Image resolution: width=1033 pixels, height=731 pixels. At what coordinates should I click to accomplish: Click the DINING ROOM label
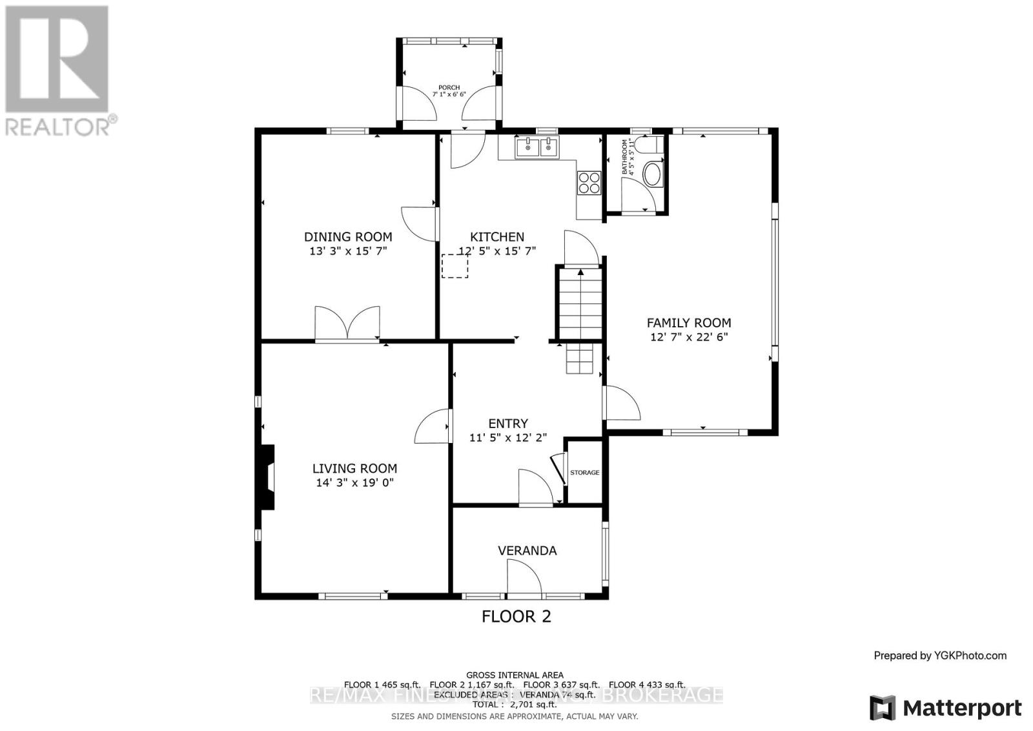(348, 237)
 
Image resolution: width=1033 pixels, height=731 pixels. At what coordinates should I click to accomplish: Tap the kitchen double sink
(537, 148)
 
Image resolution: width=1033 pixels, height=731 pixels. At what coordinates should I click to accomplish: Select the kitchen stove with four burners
(589, 182)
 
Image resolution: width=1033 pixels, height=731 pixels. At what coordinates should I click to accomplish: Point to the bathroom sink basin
(653, 175)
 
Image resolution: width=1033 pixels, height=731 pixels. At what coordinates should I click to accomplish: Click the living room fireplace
(267, 478)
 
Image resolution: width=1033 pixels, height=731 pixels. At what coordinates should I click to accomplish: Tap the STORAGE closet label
(584, 473)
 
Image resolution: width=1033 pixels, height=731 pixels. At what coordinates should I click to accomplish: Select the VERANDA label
(527, 551)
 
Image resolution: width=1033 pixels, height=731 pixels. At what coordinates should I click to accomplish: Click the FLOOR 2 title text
(516, 617)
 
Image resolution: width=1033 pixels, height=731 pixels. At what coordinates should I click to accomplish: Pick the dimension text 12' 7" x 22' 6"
(689, 337)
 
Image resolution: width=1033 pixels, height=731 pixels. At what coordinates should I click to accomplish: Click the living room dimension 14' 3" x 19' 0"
(354, 483)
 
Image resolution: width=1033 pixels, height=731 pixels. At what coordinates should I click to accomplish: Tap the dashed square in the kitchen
(455, 266)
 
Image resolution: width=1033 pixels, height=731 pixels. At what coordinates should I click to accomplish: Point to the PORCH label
(449, 88)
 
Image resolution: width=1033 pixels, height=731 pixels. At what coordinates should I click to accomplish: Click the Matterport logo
(946, 708)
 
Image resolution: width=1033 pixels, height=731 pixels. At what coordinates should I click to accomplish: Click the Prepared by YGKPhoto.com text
(940, 655)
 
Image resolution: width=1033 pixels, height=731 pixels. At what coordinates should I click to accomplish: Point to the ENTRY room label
(508, 424)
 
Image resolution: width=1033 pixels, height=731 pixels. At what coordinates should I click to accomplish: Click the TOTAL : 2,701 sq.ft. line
(515, 705)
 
